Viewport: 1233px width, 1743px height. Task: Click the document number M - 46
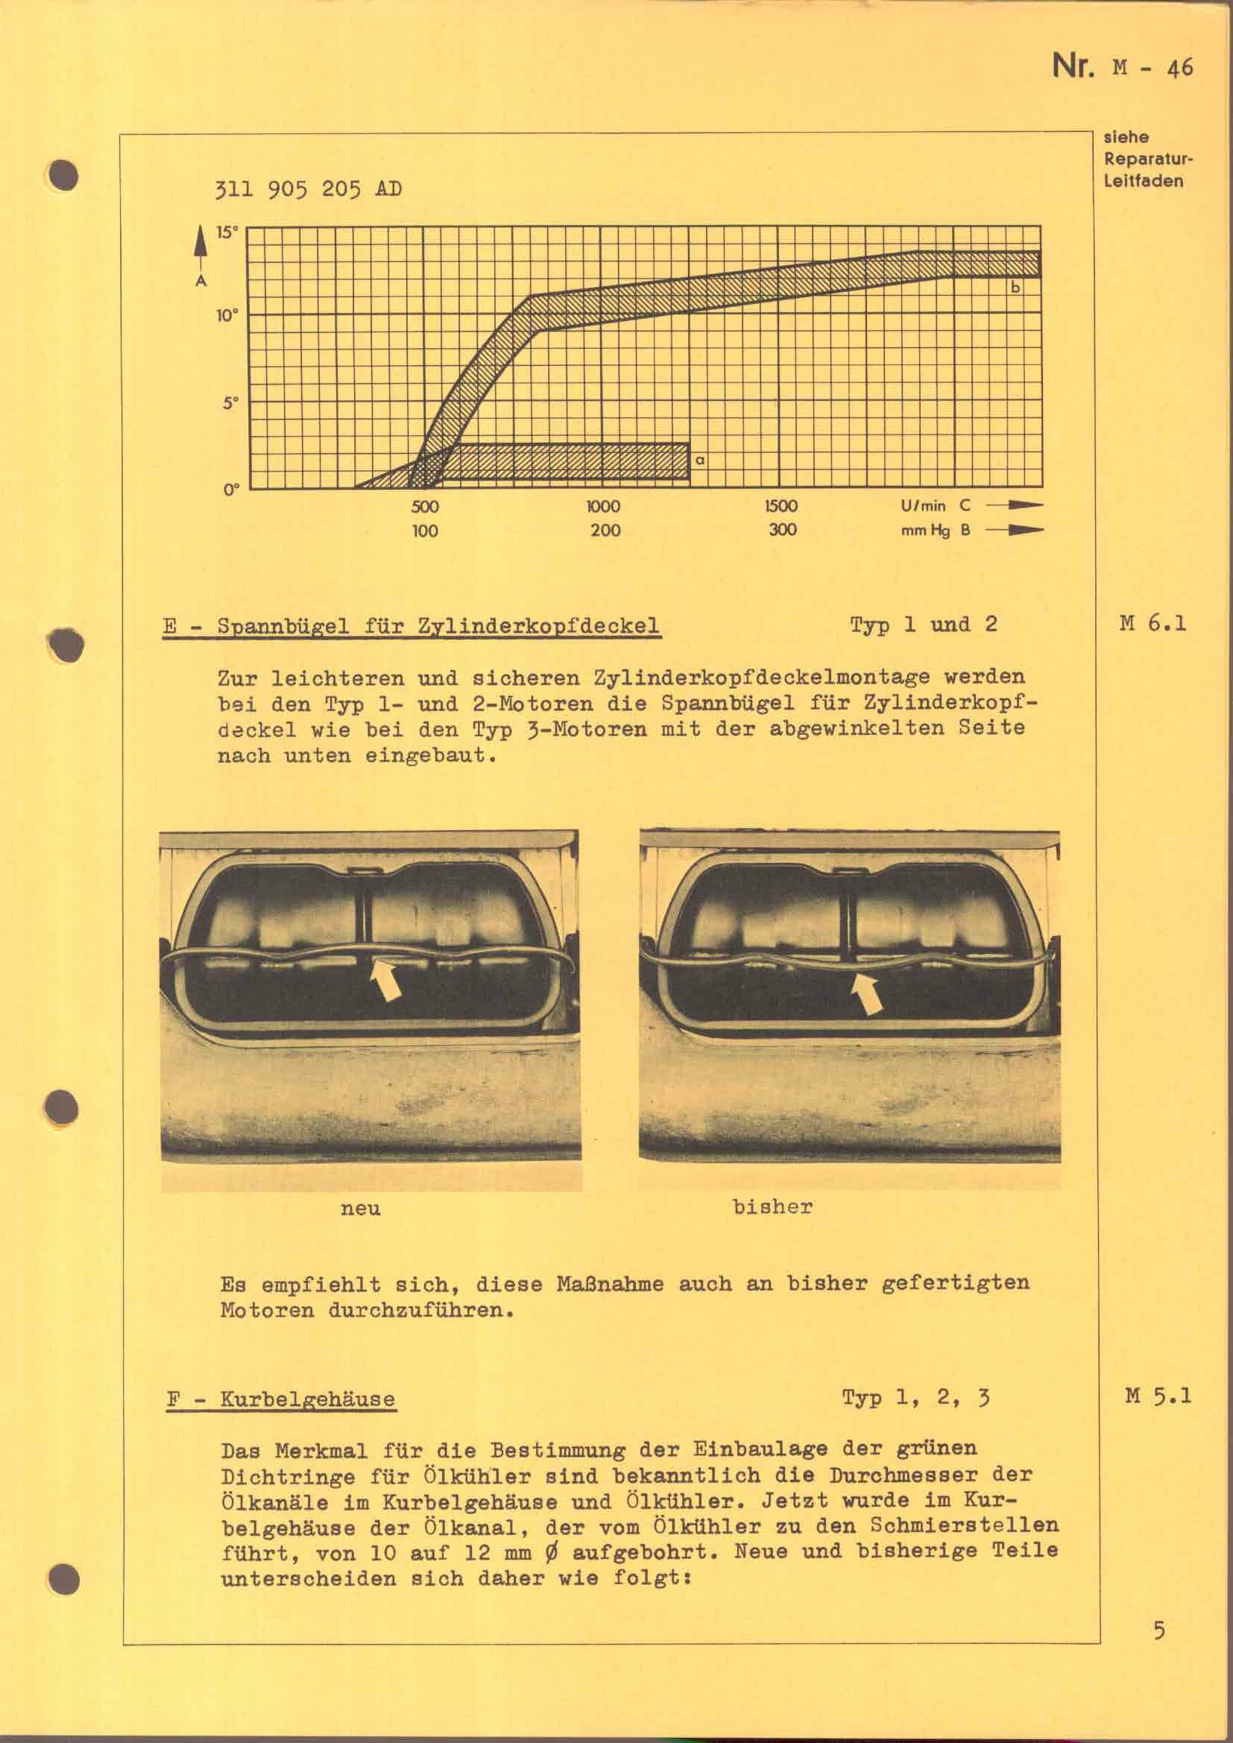1152,69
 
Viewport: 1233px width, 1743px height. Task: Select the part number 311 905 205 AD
309,189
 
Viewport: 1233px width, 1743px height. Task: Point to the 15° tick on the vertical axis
227,232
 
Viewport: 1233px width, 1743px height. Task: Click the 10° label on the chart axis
227,316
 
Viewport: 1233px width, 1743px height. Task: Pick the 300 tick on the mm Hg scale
782,530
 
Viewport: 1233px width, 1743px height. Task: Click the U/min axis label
923,505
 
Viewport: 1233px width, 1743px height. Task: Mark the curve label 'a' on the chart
700,460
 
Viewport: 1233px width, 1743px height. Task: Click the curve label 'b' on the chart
1016,288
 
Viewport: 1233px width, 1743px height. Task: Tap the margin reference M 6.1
1152,624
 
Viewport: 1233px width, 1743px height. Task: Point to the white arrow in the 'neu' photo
385,979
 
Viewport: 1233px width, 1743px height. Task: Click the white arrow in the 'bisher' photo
866,993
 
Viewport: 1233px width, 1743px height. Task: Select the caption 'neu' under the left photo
360,1209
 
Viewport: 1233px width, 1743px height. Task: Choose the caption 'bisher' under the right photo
772,1207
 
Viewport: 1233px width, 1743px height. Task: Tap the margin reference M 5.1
1157,1395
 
